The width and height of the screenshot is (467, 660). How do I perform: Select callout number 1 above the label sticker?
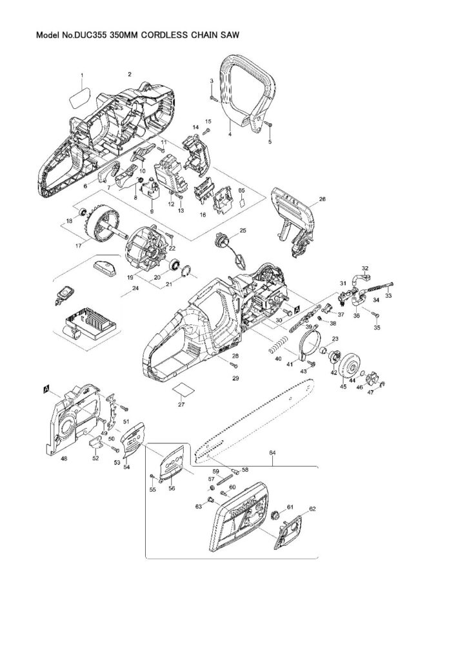[82, 76]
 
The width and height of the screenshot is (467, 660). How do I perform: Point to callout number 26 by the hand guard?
[323, 200]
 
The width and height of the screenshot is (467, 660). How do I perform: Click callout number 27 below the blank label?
[182, 405]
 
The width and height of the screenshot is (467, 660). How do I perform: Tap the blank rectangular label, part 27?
[182, 388]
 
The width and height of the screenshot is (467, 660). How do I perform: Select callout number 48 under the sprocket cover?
[64, 459]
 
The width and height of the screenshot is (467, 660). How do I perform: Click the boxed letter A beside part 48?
[46, 388]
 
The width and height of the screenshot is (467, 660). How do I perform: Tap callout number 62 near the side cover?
[313, 509]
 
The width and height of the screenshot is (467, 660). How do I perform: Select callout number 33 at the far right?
[388, 296]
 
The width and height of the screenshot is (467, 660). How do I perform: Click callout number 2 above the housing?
[130, 74]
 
